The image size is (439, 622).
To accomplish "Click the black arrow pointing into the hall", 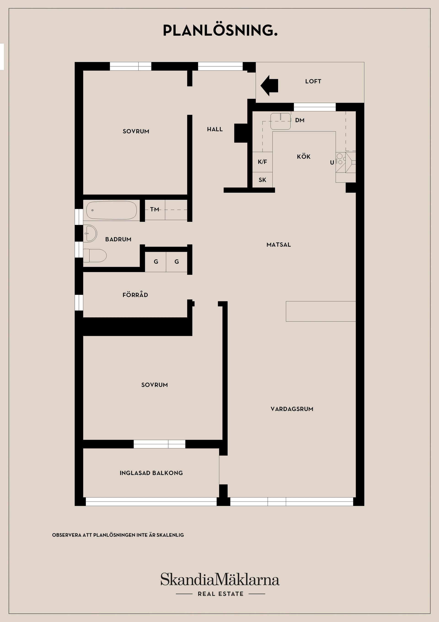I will coord(269,86).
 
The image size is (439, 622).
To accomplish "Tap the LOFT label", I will coord(313,81).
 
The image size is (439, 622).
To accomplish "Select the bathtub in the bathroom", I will coord(111,210).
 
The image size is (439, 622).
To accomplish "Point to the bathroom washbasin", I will coord(90,233).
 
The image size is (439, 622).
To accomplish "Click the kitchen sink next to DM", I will coord(281,121).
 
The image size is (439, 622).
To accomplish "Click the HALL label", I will coord(215,129).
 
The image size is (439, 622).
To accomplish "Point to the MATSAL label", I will coord(278,245).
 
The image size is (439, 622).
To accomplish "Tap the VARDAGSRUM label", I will coord(292,409).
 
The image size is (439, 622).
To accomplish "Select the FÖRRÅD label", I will coord(135,295).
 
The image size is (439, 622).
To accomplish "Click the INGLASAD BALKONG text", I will coord(151,473).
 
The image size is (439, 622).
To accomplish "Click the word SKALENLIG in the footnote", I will coord(170,535).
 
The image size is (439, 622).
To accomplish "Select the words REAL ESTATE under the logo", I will coord(220,594).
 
